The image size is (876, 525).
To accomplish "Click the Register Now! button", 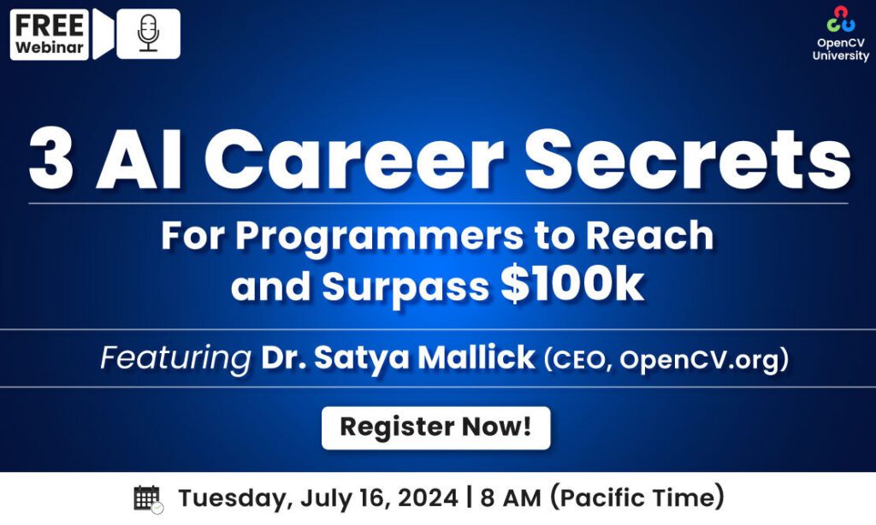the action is (x=435, y=428).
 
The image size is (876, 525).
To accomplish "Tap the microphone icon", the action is (x=148, y=33).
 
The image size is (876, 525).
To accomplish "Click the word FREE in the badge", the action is (x=50, y=25).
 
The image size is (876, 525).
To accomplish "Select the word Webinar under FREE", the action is (x=50, y=48).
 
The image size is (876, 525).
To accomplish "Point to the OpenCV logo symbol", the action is (x=841, y=19).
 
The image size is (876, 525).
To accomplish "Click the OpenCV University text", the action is (x=841, y=49).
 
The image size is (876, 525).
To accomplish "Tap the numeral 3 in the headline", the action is (x=50, y=159).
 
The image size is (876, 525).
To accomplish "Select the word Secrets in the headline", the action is (x=688, y=159).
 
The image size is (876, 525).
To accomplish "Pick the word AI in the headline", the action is (x=139, y=159).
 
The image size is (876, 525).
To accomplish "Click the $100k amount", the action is (x=572, y=285).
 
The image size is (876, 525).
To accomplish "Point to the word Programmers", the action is (x=380, y=237).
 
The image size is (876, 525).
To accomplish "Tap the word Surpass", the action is (x=405, y=287).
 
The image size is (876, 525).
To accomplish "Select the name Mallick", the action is (x=476, y=357).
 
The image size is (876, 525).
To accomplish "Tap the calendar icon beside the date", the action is (x=148, y=498).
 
